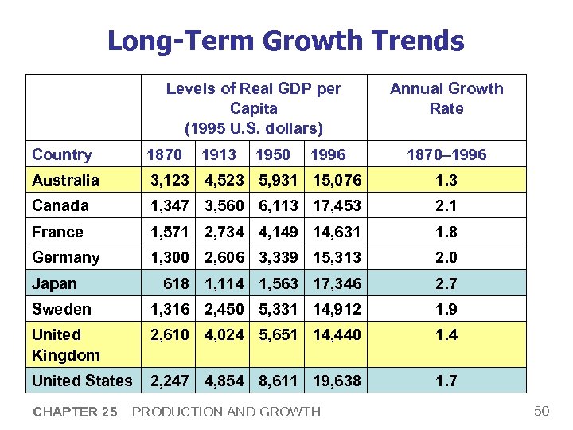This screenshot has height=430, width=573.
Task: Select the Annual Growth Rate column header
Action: pyautogui.click(x=446, y=99)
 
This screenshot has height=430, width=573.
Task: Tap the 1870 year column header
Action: pyautogui.click(x=165, y=155)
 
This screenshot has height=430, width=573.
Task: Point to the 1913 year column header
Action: pyautogui.click(x=219, y=155)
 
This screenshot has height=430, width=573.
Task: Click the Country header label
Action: pyautogui.click(x=62, y=155)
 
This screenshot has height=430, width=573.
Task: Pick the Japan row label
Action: pyautogui.click(x=54, y=283)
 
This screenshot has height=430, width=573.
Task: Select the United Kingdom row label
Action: pyautogui.click(x=66, y=345)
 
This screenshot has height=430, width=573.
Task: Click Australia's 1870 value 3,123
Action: pyautogui.click(x=170, y=180)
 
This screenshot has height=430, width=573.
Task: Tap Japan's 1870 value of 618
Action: pyautogui.click(x=175, y=283)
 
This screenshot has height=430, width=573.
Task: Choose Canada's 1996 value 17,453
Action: pyautogui.click(x=337, y=206)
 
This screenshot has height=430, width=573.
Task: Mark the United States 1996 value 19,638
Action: pyautogui.click(x=337, y=381)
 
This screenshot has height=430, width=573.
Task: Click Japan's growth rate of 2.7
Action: pyautogui.click(x=446, y=283)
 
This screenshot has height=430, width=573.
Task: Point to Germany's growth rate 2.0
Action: pyautogui.click(x=446, y=257)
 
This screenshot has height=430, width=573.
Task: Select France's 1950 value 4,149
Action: pyautogui.click(x=278, y=232)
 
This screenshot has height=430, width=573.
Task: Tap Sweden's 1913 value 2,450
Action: pyautogui.click(x=224, y=309)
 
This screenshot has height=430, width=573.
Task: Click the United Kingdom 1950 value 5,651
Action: pyautogui.click(x=278, y=334)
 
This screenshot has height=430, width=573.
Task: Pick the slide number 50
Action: pyautogui.click(x=542, y=411)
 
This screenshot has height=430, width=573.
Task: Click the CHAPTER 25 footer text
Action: pyautogui.click(x=75, y=412)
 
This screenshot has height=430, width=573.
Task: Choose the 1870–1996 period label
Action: pyautogui.click(x=446, y=155)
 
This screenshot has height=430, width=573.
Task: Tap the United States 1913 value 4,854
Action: pyautogui.click(x=224, y=381)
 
